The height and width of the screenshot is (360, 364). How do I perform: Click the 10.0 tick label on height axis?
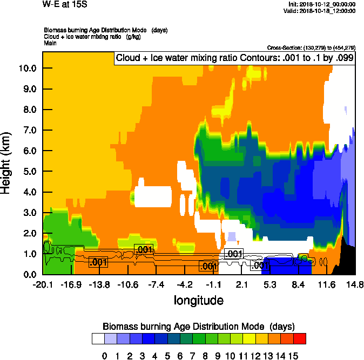pos(26,68)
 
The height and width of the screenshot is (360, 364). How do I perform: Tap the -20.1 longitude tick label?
pos(43,284)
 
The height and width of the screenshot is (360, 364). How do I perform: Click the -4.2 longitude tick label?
pos(185,284)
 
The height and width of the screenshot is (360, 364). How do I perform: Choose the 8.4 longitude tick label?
pos(299,284)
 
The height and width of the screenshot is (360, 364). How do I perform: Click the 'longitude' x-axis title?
pos(198,300)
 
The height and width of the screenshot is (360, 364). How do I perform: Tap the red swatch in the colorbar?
pos(300,338)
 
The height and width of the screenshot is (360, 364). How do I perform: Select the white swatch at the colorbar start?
pos(98,338)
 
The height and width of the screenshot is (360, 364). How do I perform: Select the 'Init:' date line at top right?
pos(322,4)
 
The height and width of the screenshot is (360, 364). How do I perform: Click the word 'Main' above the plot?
pos(50,43)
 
